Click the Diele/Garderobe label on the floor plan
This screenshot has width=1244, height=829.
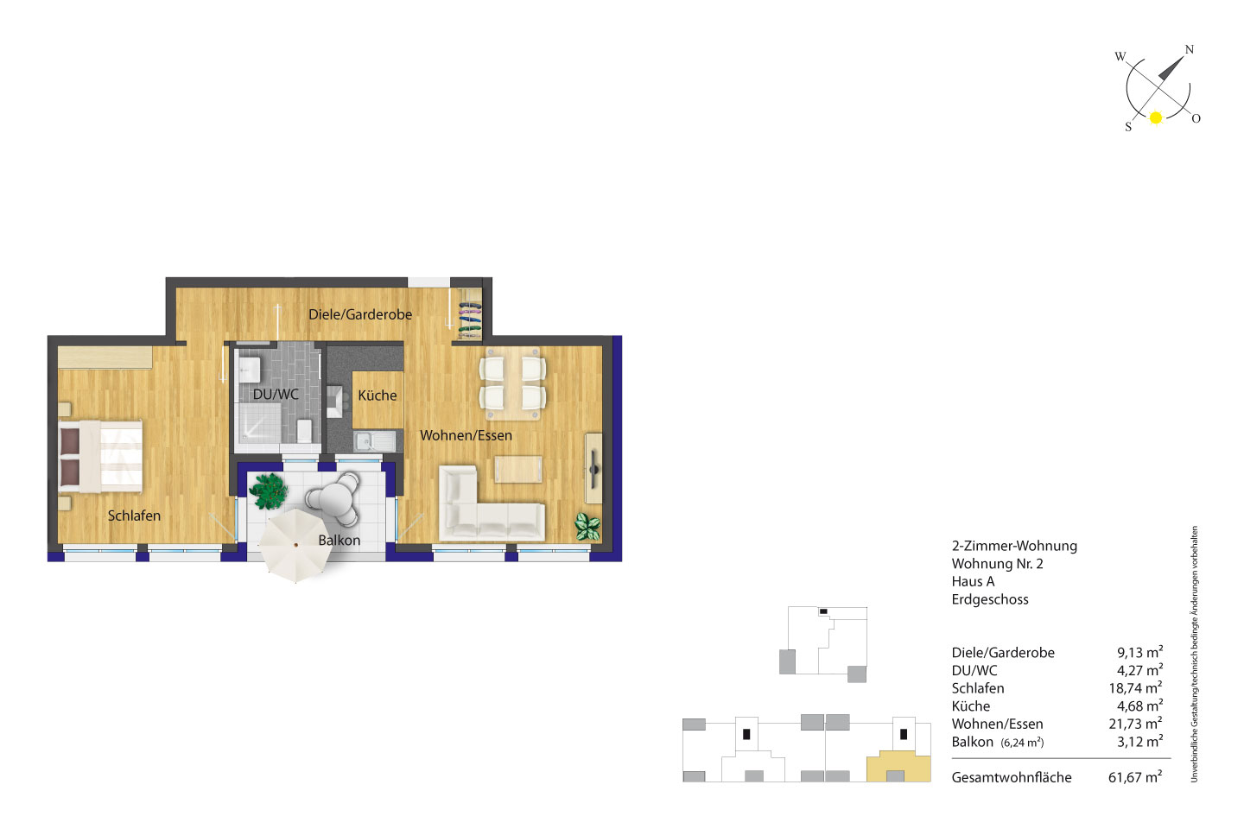360,315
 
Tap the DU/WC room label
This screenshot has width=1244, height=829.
276,395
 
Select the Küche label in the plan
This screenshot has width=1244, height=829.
377,395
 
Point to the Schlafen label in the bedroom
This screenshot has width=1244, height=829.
134,516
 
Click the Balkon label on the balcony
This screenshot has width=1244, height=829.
340,540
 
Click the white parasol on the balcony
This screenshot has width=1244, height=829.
295,545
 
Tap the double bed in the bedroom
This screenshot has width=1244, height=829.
100,457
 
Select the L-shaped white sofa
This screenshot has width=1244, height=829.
492,503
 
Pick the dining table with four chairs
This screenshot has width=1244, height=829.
512,383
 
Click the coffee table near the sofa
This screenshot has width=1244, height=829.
518,469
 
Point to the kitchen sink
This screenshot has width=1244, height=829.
375,441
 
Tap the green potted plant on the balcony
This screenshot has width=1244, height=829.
269,490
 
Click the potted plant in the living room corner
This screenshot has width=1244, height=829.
587,526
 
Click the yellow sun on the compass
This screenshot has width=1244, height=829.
1156,117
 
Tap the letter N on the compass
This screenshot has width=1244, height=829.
1189,49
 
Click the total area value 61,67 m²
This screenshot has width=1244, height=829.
1135,777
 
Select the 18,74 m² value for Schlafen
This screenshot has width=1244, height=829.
1135,688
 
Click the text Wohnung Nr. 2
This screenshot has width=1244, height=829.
998,564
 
